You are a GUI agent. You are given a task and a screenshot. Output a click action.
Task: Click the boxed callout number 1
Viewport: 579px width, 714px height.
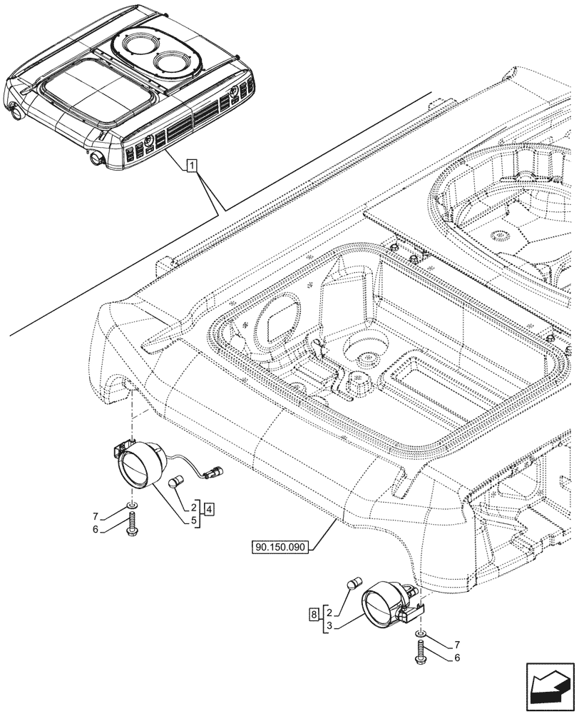[192, 166]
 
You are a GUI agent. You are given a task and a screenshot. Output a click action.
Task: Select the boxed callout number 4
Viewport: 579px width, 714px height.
[209, 510]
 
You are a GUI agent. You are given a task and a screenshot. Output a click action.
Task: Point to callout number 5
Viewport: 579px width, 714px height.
[193, 521]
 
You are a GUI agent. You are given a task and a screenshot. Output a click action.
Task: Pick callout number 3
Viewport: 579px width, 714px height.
[327, 625]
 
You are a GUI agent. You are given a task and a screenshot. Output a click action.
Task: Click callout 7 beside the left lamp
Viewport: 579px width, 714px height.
[96, 515]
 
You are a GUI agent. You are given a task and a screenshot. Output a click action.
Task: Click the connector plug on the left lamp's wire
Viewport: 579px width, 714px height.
[214, 471]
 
